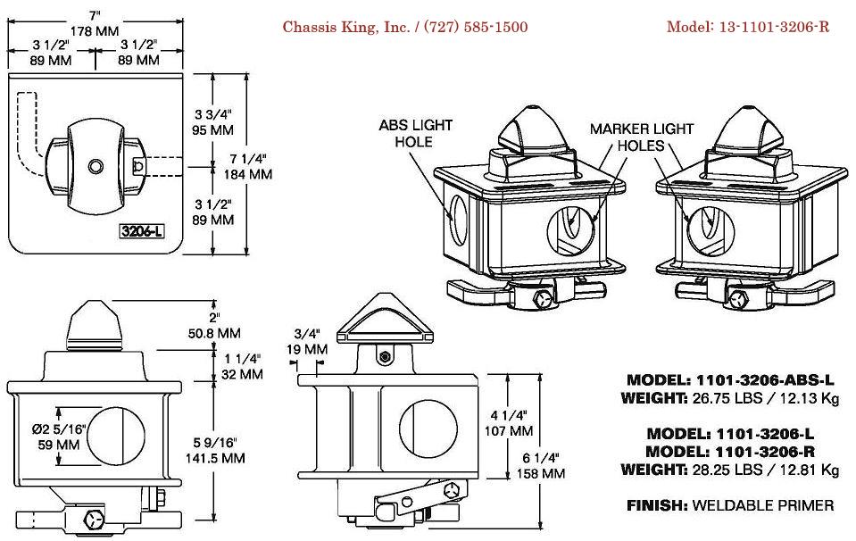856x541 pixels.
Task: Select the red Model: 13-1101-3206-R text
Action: tap(748, 27)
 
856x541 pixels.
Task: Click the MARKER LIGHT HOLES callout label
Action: tap(642, 137)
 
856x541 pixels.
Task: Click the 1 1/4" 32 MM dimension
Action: tap(238, 367)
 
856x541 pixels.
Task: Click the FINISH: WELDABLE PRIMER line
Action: tap(730, 505)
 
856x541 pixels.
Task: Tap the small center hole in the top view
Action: tap(95, 166)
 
